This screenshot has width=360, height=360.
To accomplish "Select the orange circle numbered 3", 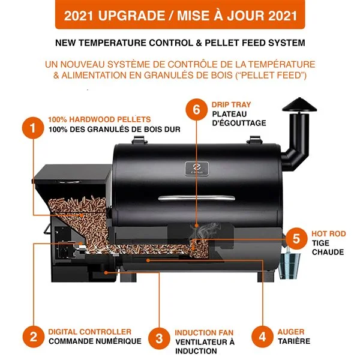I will (159, 337).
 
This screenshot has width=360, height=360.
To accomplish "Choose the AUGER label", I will (290, 332).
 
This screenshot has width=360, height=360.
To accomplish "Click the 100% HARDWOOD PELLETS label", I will (99, 119).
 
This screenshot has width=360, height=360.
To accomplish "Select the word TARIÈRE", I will (293, 341).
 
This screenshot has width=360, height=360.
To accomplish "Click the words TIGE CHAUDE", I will (328, 247).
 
